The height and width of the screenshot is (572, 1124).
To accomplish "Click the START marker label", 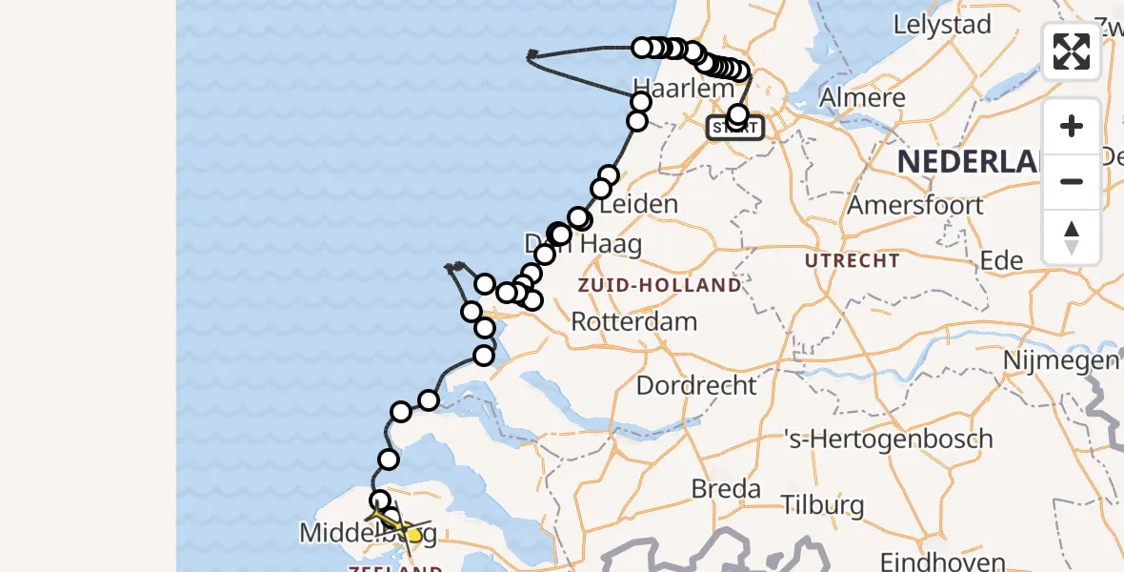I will coord(734,128).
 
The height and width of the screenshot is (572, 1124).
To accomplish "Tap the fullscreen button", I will coord(1072,51).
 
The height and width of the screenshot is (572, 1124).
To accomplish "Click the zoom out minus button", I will coord(1072,181).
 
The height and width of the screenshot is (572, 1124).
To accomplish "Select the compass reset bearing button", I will coord(1072,236).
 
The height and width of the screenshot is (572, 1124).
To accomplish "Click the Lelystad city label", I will coord(942,25).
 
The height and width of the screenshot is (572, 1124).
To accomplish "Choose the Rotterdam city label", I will coord(633,321).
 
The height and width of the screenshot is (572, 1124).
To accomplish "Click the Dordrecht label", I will coord(696,386).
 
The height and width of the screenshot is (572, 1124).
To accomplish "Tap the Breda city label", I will coord(726,489).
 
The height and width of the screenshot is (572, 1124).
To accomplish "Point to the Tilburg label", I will coord(821,504).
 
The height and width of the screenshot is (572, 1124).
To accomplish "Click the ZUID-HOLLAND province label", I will coord(658,285).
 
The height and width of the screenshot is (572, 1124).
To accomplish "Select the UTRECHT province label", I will coord(852,260).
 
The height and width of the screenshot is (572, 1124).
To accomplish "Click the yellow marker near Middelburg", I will coord(414,534).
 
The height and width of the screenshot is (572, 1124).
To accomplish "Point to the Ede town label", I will coord(1002,261).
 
